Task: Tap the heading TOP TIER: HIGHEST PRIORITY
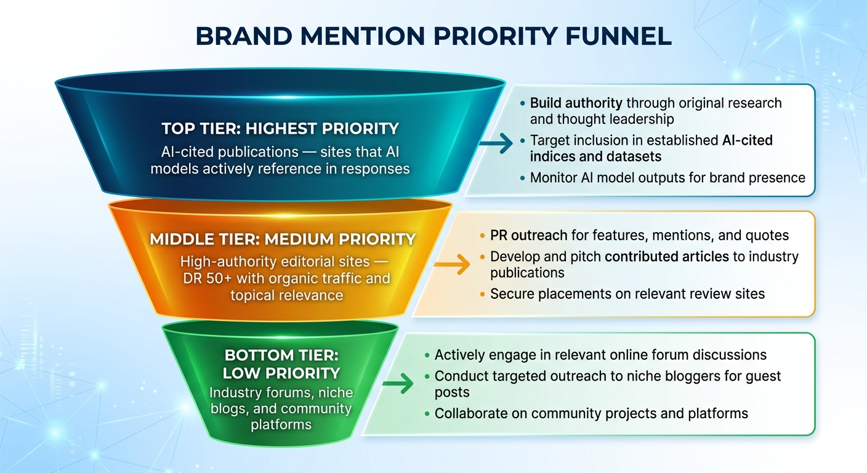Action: [280, 129]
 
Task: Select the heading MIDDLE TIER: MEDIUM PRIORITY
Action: [283, 238]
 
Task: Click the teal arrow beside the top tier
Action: [496, 144]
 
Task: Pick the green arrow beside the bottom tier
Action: [398, 384]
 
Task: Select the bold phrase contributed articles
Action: [668, 256]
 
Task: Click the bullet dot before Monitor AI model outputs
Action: [523, 178]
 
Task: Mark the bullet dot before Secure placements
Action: [482, 294]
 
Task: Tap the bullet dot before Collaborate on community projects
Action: [427, 414]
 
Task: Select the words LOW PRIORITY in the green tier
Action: [281, 373]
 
